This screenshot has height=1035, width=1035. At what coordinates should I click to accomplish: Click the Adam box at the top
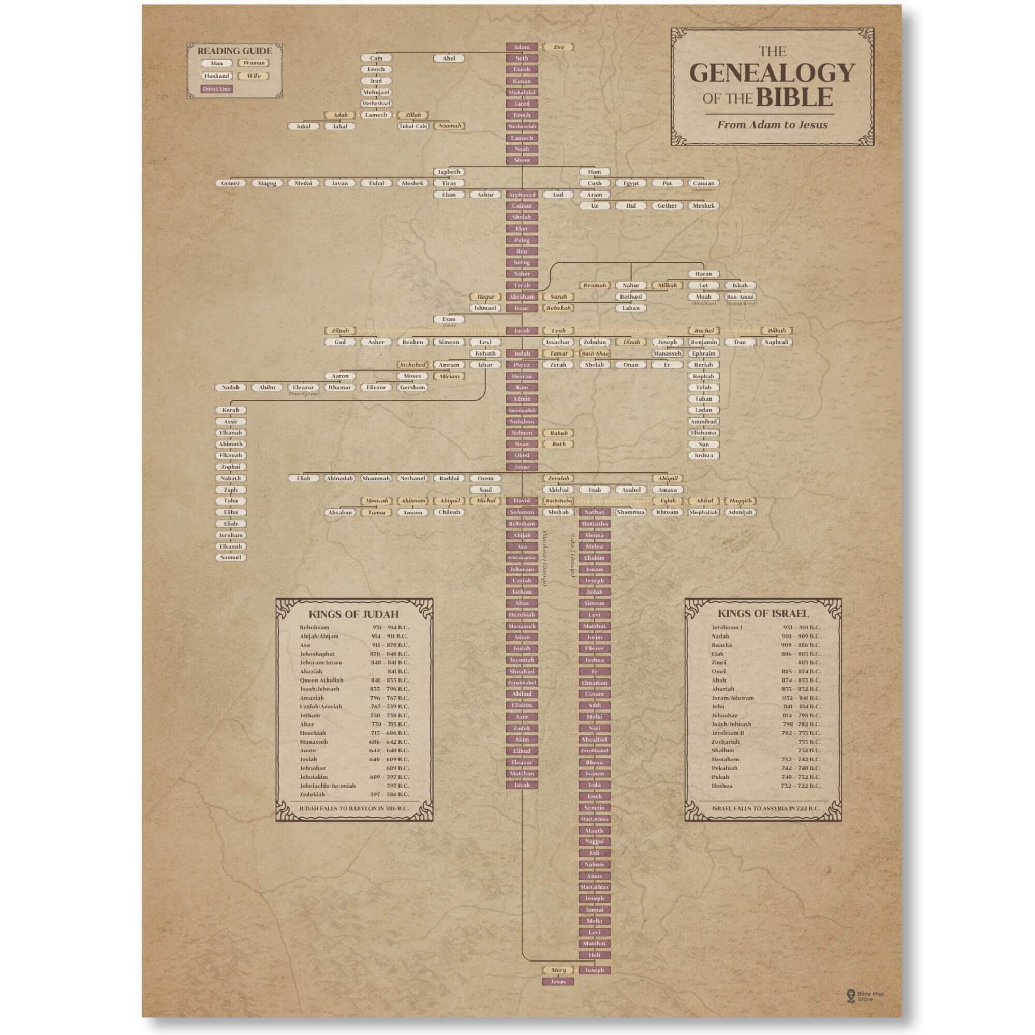pyautogui.click(x=521, y=47)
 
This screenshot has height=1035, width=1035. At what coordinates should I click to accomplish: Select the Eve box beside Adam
pyautogui.click(x=558, y=47)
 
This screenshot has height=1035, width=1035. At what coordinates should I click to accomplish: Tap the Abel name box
pyautogui.click(x=449, y=58)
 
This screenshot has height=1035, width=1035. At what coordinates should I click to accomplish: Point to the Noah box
pyautogui.click(x=521, y=149)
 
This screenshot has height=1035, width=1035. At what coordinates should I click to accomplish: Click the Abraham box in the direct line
pyautogui.click(x=521, y=297)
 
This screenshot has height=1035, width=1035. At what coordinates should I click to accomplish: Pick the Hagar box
pyautogui.click(x=485, y=297)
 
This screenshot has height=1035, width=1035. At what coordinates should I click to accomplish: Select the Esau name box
pyautogui.click(x=449, y=319)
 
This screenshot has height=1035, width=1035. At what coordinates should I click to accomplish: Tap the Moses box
pyautogui.click(x=412, y=376)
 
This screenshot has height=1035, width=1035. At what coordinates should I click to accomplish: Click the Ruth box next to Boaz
pyautogui.click(x=558, y=444)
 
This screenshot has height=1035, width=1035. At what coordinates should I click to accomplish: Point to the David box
pyautogui.click(x=521, y=501)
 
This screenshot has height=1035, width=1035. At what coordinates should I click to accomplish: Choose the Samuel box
pyautogui.click(x=230, y=558)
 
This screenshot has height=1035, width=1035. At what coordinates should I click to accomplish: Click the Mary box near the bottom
pyautogui.click(x=558, y=970)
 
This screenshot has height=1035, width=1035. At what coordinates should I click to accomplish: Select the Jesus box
pyautogui.click(x=558, y=981)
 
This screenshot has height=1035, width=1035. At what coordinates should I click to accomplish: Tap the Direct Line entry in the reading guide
pyautogui.click(x=216, y=89)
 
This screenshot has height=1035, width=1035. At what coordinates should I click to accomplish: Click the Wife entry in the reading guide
pyautogui.click(x=254, y=76)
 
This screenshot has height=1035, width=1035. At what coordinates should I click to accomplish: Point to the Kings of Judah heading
pyautogui.click(x=353, y=614)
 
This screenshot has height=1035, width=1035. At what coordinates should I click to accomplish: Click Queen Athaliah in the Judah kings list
pyautogui.click(x=321, y=681)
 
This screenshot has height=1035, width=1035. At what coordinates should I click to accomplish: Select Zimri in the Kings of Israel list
pyautogui.click(x=718, y=663)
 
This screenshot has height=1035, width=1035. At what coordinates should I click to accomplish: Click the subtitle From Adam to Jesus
pyautogui.click(x=772, y=125)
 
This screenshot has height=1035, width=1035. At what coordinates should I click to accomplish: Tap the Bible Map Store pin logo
pyautogui.click(x=850, y=996)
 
